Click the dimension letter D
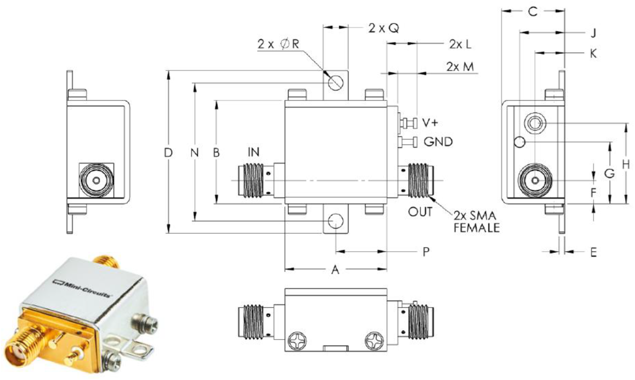coord(168,153)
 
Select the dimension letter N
coord(195,153)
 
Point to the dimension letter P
coord(426,252)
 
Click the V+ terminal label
coord(430,123)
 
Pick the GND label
coord(438,142)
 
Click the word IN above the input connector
coord(253,152)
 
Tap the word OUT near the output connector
coord(420,212)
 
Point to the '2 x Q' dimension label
coord(383,28)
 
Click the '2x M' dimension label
coord(460,67)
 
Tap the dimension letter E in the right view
coord(594,252)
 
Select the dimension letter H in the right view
coord(626,164)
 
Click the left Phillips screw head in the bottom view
coord(297,341)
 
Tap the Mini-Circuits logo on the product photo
coord(82,289)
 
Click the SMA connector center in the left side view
coord(96,181)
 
